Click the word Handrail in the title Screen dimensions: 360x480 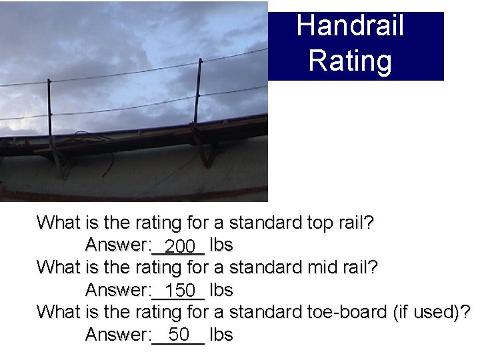tap(350, 27)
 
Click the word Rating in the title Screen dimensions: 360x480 tap(350, 60)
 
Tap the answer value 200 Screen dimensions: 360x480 tap(179, 247)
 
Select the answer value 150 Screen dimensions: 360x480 tap(180, 291)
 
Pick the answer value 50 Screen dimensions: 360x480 tap(179, 335)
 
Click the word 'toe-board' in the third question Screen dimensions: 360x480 tap(347, 311)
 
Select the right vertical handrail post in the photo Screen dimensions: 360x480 tap(198, 100)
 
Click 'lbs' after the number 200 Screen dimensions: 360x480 tap(221, 245)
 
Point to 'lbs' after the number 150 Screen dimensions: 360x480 tap(221, 290)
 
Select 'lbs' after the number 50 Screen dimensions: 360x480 tap(221, 335)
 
